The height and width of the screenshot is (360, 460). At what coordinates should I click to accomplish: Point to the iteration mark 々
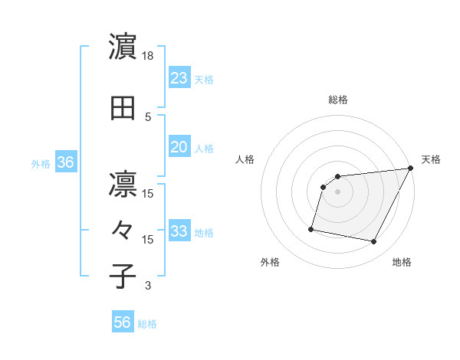click(x=123, y=230)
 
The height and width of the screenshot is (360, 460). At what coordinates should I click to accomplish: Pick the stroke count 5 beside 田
click(x=149, y=117)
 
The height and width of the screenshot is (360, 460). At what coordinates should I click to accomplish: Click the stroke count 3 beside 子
click(x=149, y=286)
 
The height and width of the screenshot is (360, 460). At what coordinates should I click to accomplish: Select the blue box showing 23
click(x=179, y=77)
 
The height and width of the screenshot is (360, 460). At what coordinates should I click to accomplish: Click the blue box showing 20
click(x=179, y=147)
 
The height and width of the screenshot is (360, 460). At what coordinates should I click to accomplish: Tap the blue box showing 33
click(x=179, y=231)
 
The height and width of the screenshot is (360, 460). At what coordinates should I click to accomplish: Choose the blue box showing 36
click(x=65, y=162)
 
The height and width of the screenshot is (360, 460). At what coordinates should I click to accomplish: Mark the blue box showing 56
click(x=123, y=322)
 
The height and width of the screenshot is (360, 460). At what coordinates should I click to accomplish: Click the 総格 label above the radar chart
click(x=337, y=100)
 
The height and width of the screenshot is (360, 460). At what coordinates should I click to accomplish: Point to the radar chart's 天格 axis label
click(x=431, y=159)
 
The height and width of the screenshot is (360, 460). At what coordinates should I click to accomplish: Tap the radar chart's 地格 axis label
click(x=402, y=263)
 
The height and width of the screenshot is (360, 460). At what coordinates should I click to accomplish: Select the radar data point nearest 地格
click(x=374, y=242)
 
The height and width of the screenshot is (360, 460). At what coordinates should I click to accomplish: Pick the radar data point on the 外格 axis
click(x=311, y=228)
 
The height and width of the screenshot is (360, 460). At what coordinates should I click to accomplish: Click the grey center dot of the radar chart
click(x=337, y=192)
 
